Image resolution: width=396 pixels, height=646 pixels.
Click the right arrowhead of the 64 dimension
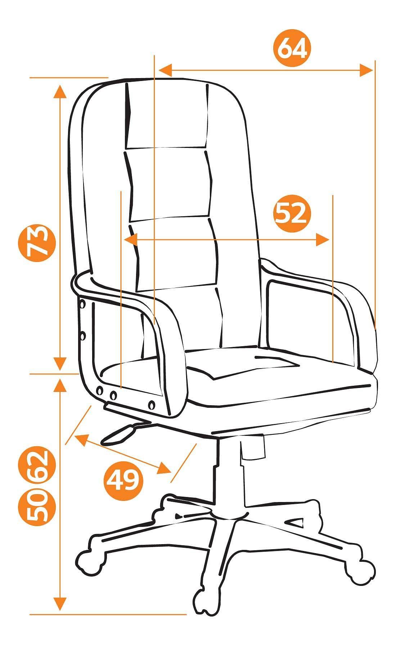pyautogui.click(x=366, y=70)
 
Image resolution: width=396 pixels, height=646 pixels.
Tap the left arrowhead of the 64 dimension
pyautogui.click(x=165, y=70)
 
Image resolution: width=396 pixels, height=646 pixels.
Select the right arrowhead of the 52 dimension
pyautogui.click(x=323, y=239)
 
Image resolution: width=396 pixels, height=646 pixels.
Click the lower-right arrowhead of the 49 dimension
pyautogui.click(x=164, y=468)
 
